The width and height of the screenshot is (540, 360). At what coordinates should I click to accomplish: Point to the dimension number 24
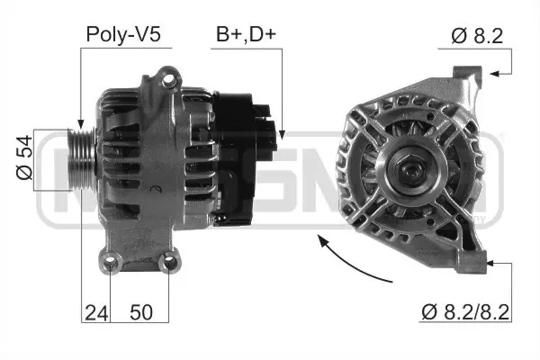(x=95, y=313)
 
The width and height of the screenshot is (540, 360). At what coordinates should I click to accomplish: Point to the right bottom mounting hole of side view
(x=167, y=263)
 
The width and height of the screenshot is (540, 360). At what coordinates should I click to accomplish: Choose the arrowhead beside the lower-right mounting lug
(x=491, y=264)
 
